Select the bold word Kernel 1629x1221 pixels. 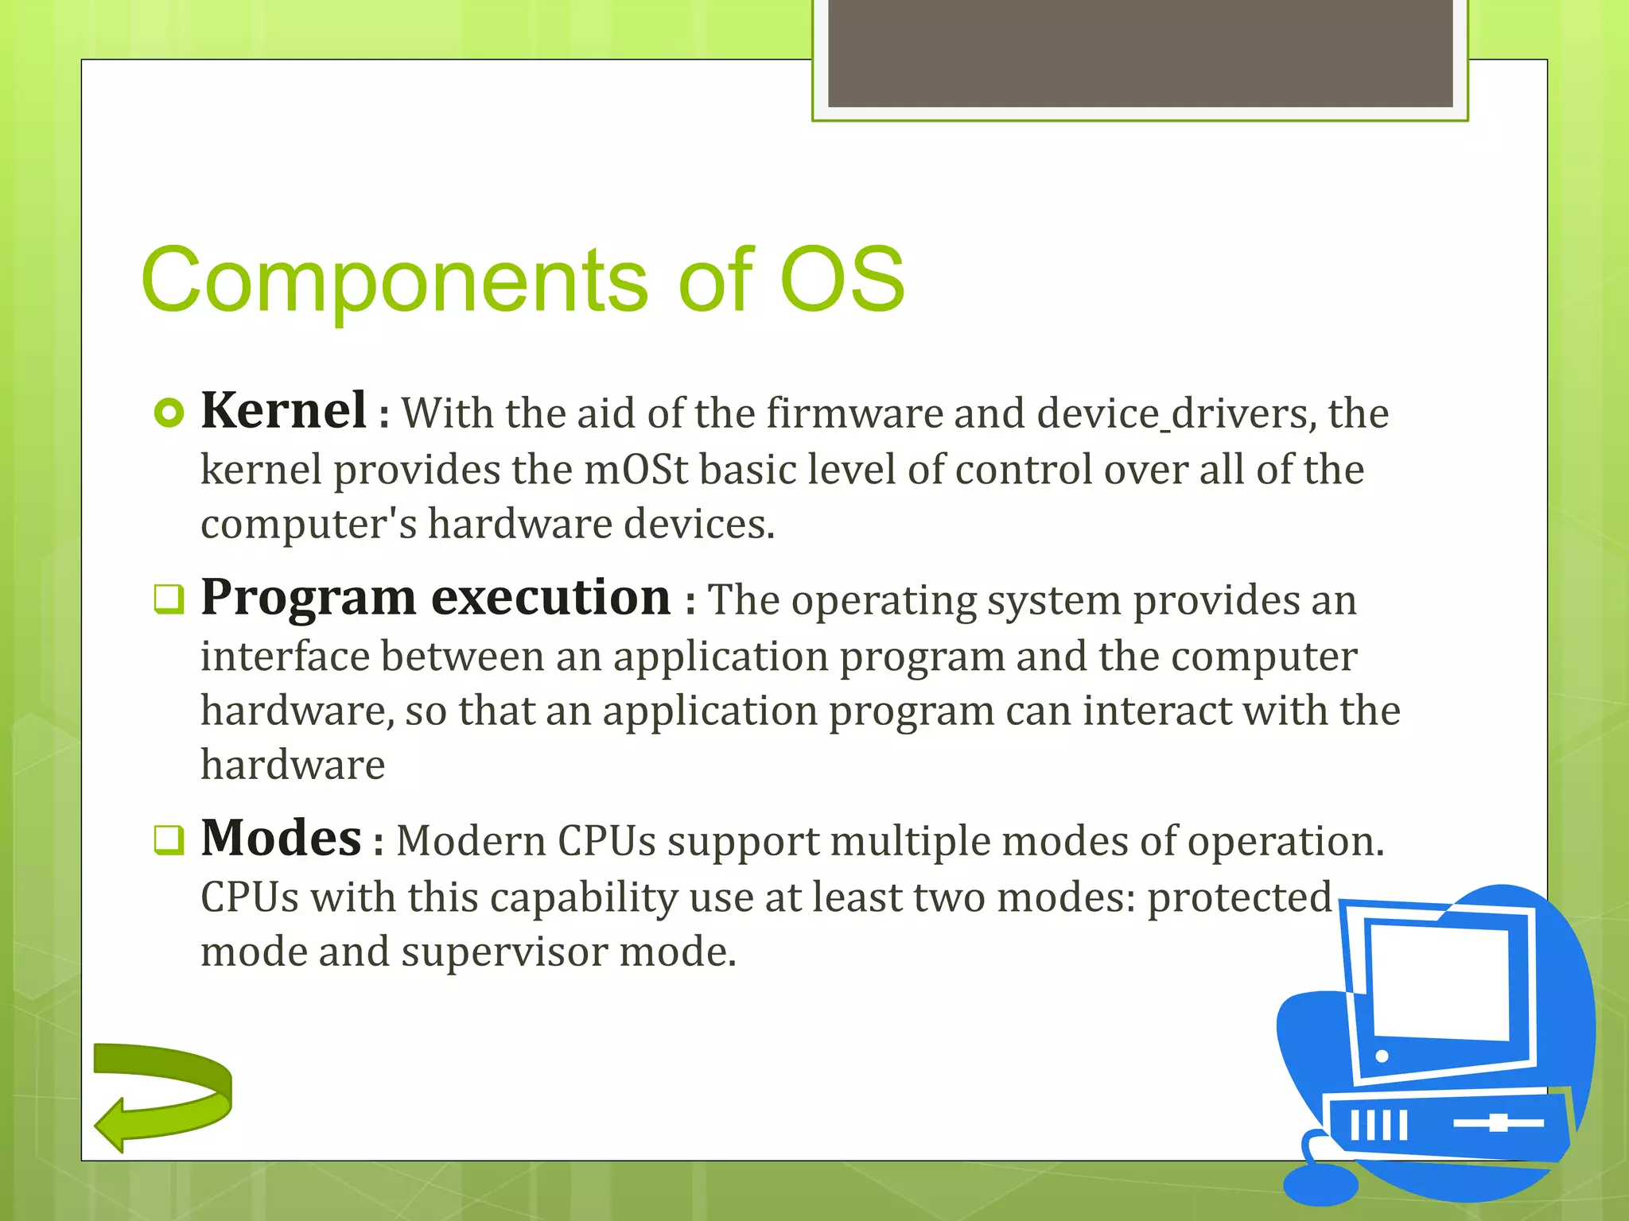[x=283, y=411]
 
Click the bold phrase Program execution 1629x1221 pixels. [x=436, y=598]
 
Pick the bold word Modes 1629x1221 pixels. [x=281, y=839]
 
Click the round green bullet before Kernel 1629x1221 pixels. [x=169, y=413]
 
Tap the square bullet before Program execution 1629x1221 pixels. [x=169, y=599]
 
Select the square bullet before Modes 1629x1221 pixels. [x=169, y=840]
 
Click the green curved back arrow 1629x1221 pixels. [x=163, y=1095]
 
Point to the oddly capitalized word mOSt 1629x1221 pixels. [x=636, y=469]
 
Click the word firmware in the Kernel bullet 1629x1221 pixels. [x=853, y=413]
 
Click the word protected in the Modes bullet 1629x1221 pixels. [x=1239, y=897]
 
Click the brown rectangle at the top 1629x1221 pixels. [x=1140, y=52]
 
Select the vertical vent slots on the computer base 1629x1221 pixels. [x=1378, y=1125]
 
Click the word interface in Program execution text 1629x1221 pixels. [x=285, y=657]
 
